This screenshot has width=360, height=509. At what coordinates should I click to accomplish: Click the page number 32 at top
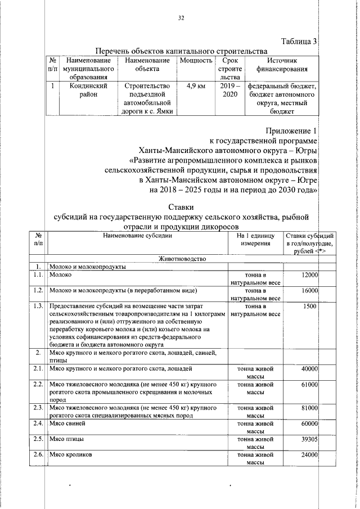181,18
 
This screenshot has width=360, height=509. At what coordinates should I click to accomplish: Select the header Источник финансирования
282,65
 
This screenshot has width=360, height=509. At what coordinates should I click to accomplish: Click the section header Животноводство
182,259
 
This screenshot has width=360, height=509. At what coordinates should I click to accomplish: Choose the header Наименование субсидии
137,236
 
